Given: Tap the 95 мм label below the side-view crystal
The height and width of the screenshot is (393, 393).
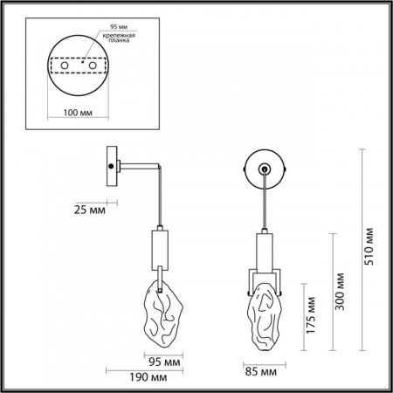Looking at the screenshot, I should (165, 360).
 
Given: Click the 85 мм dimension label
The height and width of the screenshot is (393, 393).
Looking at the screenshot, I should (260, 373).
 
